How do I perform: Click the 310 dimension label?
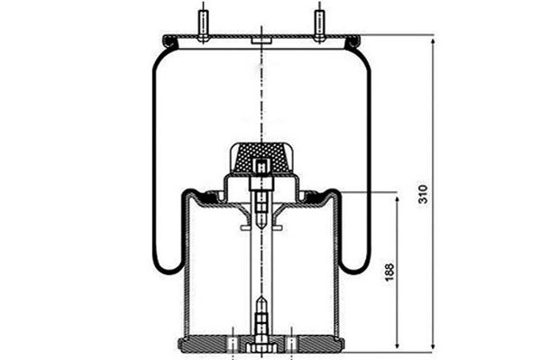[423, 194]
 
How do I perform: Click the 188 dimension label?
[389, 272]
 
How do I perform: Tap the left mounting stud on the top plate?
[203, 26]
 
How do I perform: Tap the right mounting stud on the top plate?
[320, 26]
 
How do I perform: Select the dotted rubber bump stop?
[261, 158]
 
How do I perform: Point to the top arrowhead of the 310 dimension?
[433, 42]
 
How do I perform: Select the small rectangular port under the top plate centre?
[261, 41]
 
